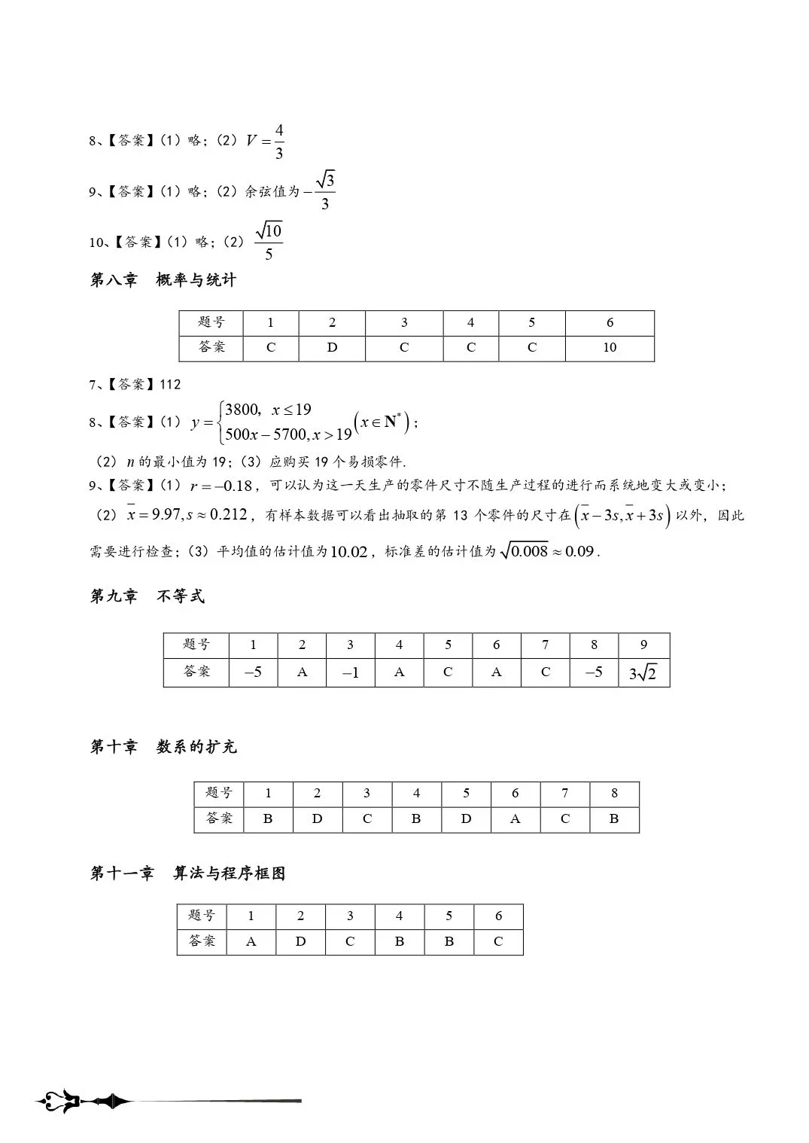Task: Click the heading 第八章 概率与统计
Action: click(163, 280)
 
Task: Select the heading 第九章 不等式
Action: click(148, 596)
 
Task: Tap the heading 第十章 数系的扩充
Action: click(163, 747)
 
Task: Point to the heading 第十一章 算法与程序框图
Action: click(187, 873)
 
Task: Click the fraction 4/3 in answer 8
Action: click(278, 142)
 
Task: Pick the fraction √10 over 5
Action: click(269, 242)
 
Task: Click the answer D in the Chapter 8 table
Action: click(332, 348)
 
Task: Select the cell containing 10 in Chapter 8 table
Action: click(610, 348)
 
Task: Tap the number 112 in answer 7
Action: click(170, 385)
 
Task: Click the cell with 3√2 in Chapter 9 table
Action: click(643, 672)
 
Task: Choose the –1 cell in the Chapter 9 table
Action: click(351, 672)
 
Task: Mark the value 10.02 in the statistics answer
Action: click(349, 552)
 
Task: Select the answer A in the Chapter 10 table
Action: click(516, 819)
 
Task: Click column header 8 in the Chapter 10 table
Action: click(614, 793)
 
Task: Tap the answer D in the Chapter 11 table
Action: click(300, 941)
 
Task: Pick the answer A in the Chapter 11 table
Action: click(251, 941)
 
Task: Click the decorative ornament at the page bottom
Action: click(83, 1102)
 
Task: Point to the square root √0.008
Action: click(525, 551)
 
